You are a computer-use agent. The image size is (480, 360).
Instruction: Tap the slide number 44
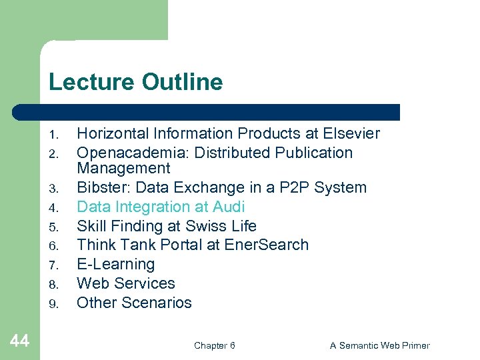[x=20, y=341]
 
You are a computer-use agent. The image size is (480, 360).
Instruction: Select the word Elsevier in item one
[x=352, y=133]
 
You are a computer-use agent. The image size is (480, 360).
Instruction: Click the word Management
[x=123, y=168]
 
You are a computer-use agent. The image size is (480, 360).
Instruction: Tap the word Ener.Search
[x=266, y=245]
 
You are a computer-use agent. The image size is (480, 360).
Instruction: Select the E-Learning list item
[x=115, y=264]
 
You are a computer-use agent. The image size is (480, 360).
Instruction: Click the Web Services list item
[x=126, y=283]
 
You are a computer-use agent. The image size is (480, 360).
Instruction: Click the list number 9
[x=56, y=304]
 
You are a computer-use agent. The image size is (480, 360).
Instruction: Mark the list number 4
[x=56, y=208]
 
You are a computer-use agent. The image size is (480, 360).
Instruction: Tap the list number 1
[x=56, y=135]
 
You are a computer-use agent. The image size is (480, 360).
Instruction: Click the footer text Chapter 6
[x=214, y=345]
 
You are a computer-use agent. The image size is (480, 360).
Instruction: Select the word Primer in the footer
[x=414, y=345]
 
